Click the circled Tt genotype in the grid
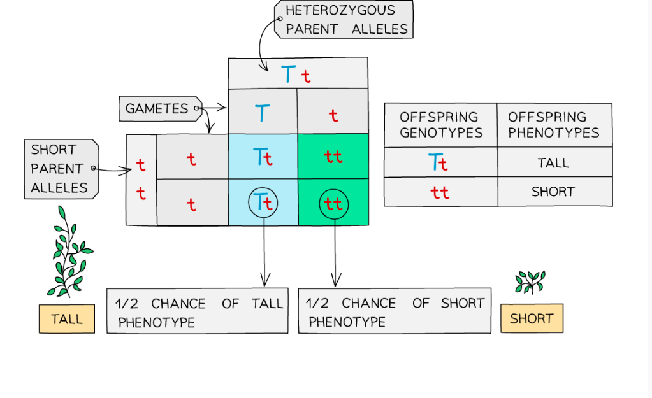(263, 203)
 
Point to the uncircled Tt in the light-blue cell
(263, 157)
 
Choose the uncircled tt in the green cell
(333, 157)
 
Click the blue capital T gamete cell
(263, 113)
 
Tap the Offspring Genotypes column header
(440, 125)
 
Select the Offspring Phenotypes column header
(554, 125)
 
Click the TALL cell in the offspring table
(554, 163)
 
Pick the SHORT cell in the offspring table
(554, 192)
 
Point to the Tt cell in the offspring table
(439, 163)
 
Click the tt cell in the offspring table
(440, 192)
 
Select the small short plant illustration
(530, 281)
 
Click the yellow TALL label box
(67, 318)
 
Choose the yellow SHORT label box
(532, 318)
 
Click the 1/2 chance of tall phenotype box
(197, 312)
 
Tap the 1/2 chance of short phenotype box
(395, 312)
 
